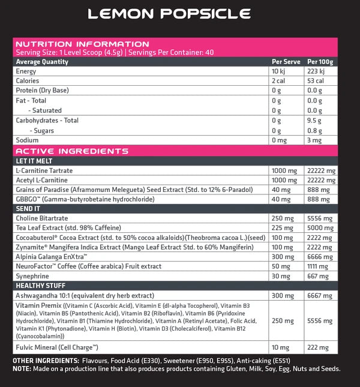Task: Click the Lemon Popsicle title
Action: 169,14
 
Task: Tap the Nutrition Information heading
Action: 82,44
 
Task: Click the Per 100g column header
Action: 319,61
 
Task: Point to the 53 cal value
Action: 317,81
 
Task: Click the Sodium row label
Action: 28,140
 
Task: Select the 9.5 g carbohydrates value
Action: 315,121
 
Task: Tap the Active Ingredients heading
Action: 71,151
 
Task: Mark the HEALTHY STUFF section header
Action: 40,286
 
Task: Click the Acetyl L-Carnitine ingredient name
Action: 41,180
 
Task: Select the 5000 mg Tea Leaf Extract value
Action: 319,227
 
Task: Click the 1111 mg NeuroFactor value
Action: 318,266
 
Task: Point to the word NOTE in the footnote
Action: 22,368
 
